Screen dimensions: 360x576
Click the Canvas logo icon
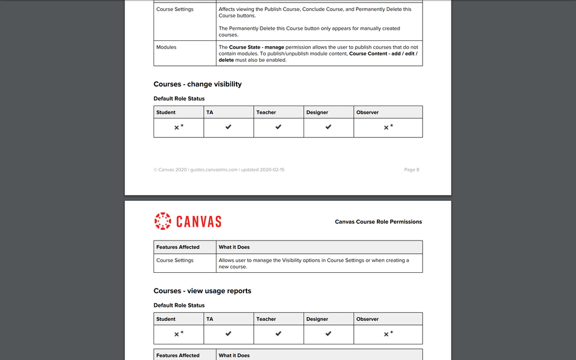pos(163,221)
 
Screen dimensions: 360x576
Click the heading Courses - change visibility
pos(197,84)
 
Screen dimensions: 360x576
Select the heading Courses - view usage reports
pos(202,291)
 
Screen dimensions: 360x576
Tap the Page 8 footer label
pos(412,170)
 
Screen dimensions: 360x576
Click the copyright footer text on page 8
pos(219,170)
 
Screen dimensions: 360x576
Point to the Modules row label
pos(166,47)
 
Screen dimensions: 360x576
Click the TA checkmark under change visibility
pos(229,127)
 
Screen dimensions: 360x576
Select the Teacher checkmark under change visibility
pos(278,127)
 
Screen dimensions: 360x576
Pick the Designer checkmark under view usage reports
pos(328,333)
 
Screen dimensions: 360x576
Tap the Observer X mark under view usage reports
pos(387,333)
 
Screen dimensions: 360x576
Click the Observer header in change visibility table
pos(368,112)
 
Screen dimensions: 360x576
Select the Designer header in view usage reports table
pos(317,319)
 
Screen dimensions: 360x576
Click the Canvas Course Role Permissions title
pos(378,222)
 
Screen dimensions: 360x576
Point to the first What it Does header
pos(234,247)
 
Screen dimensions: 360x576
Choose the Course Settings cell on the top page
pos(175,9)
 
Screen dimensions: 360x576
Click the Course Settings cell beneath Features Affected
pos(175,260)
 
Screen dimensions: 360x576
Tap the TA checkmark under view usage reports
pos(229,333)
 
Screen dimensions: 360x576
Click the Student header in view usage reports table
pos(166,319)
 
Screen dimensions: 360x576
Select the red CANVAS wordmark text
pos(199,222)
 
